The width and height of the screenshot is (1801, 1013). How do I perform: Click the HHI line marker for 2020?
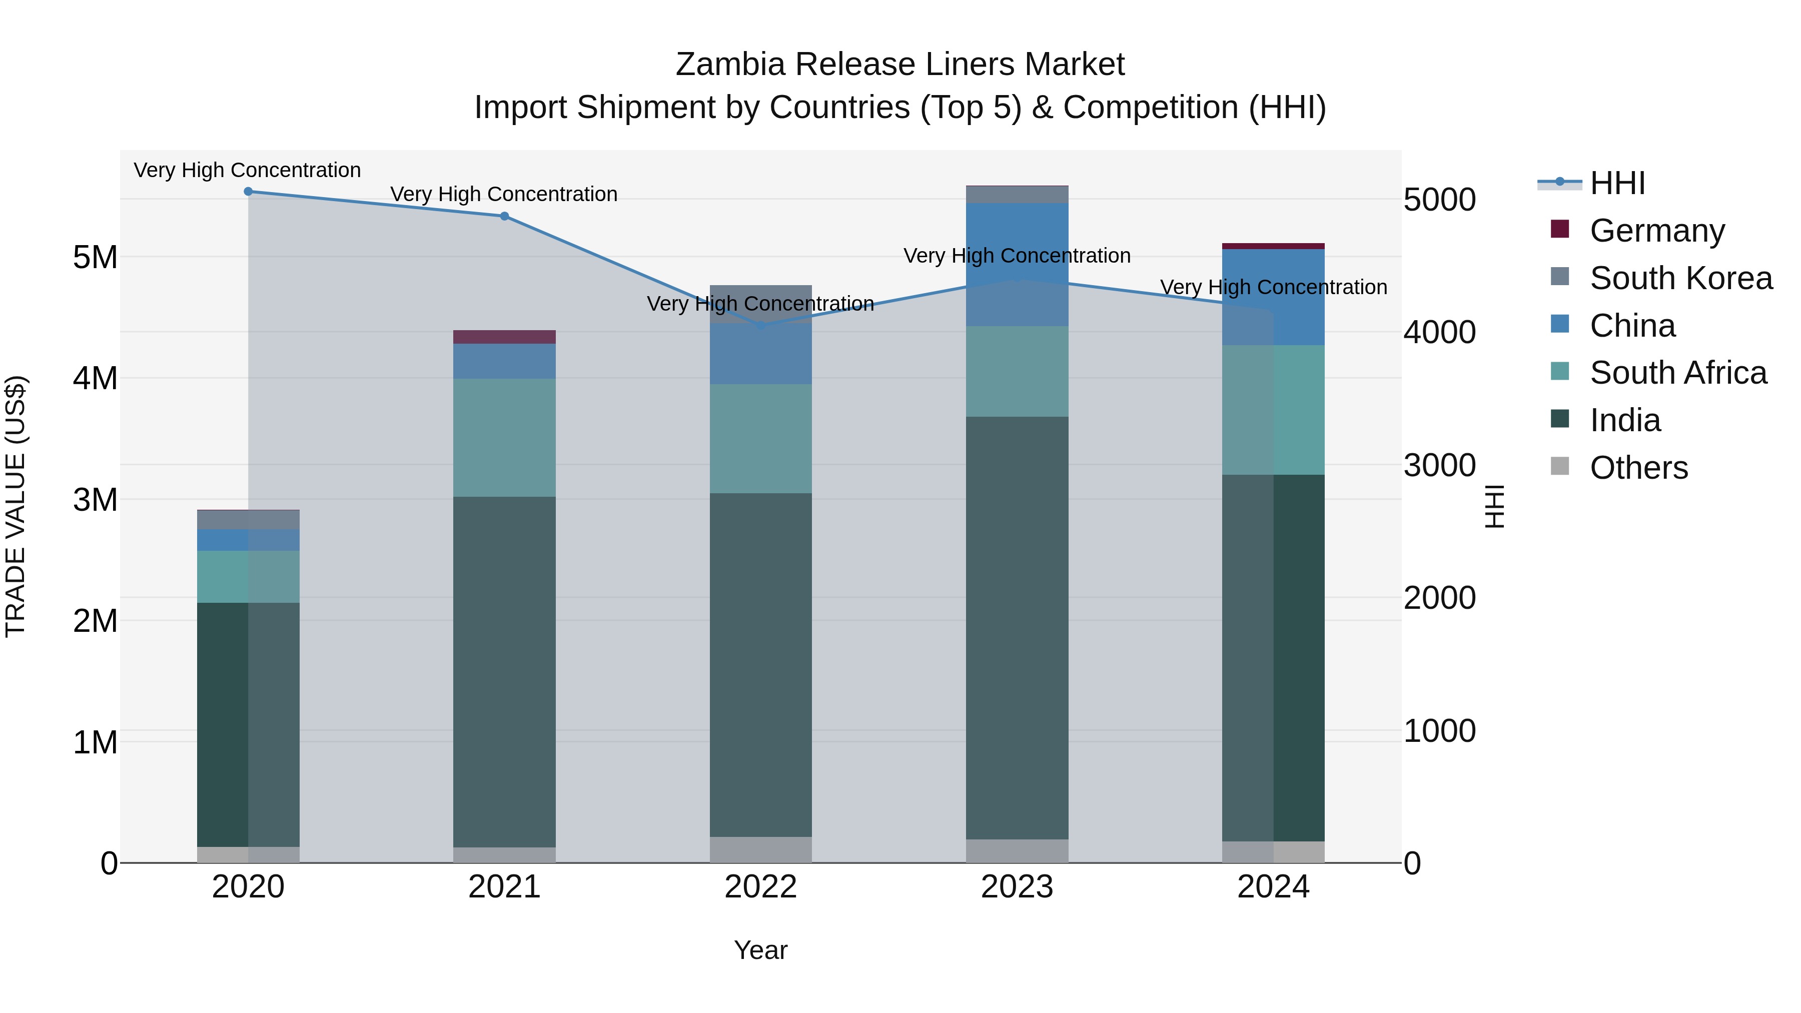tap(248, 192)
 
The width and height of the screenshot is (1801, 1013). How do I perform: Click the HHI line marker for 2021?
tap(505, 216)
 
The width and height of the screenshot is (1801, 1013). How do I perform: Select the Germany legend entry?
tap(1657, 231)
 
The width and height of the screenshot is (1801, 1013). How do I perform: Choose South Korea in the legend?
tap(1681, 278)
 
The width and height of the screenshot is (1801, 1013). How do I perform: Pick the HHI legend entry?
tap(1617, 183)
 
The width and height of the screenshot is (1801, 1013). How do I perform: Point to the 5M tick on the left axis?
tap(95, 257)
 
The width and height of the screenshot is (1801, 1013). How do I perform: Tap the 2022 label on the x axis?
tap(760, 887)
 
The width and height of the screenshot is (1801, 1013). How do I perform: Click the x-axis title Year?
tap(760, 950)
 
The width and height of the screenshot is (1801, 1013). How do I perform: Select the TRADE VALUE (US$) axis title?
tap(16, 506)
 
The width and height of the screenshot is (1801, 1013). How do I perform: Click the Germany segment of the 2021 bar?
tap(505, 337)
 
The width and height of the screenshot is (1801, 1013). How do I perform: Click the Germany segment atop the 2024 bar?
tap(1273, 246)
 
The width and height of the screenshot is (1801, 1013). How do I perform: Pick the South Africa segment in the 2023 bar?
tap(1017, 371)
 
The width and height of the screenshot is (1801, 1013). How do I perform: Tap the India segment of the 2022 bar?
tap(760, 664)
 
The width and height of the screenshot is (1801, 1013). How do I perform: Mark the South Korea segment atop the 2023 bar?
tap(1017, 195)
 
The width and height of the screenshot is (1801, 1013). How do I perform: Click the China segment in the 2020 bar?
tap(248, 540)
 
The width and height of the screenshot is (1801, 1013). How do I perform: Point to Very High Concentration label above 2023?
tap(1017, 256)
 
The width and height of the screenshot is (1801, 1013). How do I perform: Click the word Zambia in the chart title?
tap(730, 65)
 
